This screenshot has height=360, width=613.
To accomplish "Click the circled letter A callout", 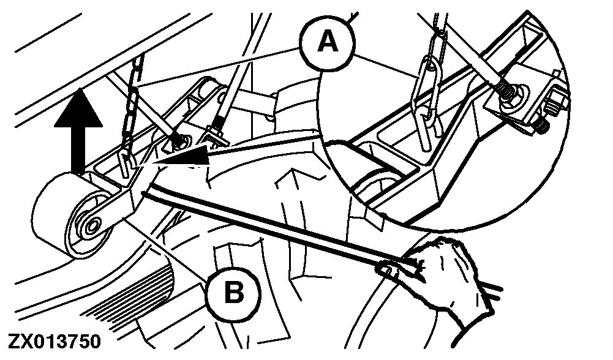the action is click(328, 42).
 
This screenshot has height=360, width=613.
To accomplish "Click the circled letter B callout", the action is click(233, 293).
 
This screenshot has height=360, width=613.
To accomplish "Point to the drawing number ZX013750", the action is click(55, 341).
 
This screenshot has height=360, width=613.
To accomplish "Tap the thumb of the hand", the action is click(391, 269).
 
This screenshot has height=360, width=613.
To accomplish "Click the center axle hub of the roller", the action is click(93, 225).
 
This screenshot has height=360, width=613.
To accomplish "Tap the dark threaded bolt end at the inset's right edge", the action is click(541, 125).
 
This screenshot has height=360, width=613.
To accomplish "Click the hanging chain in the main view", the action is click(133, 105).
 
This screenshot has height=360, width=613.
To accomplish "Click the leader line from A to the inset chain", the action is click(386, 67).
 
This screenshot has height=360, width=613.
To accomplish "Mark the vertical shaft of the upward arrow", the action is click(78, 151).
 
